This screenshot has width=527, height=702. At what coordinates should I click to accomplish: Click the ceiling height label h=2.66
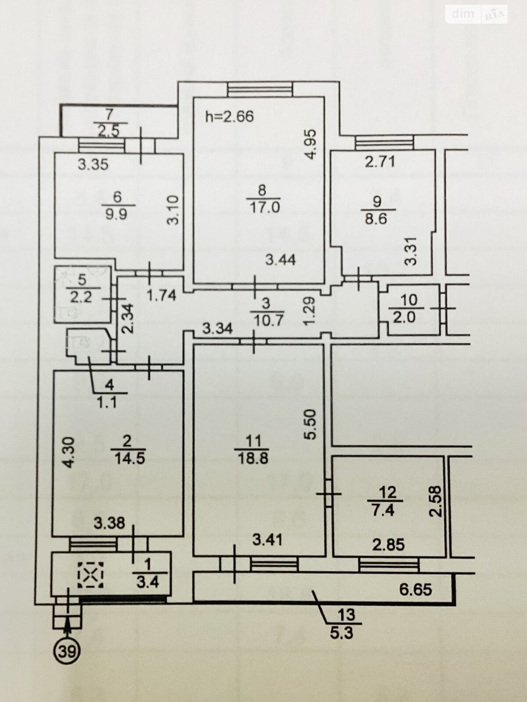coord(229,116)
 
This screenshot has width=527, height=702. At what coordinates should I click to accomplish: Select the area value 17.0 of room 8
coord(264,208)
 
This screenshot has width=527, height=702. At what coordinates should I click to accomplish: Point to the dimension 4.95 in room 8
coord(310,144)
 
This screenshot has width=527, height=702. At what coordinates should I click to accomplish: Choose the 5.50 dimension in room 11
coord(310,425)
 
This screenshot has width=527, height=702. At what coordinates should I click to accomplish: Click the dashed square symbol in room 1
coord(91,575)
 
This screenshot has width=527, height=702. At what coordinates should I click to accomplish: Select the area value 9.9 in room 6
coord(116,214)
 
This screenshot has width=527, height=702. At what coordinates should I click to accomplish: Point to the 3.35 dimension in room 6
coord(94,165)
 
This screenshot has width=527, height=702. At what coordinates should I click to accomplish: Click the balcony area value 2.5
coord(108,131)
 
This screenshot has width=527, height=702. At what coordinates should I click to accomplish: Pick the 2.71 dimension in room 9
coord(380,162)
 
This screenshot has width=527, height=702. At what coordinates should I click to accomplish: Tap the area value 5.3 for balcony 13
coord(342,632)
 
